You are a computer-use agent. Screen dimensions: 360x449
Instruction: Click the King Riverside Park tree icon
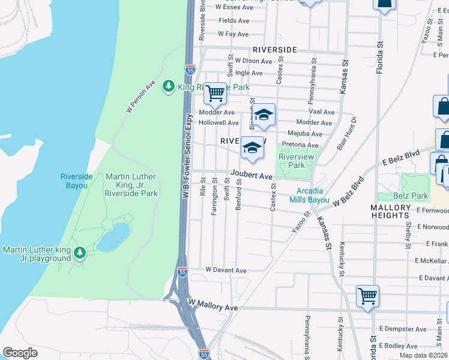pyautogui.click(x=169, y=87)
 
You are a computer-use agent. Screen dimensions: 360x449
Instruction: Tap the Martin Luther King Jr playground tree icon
pyautogui.click(x=79, y=254)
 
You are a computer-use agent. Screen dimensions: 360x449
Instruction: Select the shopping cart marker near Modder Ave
pyautogui.click(x=215, y=93)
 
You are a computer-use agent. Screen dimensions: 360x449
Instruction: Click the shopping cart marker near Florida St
pyautogui.click(x=367, y=295)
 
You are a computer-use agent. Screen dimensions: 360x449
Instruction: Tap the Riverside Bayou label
pyautogui.click(x=77, y=181)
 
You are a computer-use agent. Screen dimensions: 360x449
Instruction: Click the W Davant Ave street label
pyautogui.click(x=226, y=271)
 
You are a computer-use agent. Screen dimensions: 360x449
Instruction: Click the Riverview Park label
pyautogui.click(x=292, y=161)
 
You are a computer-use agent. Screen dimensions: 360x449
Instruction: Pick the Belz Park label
pyautogui.click(x=412, y=196)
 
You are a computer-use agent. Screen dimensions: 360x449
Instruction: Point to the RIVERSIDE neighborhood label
pyautogui.click(x=275, y=49)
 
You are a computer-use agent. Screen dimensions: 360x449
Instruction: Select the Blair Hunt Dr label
pyautogui.click(x=347, y=131)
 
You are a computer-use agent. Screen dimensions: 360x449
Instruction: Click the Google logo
pyautogui.click(x=20, y=352)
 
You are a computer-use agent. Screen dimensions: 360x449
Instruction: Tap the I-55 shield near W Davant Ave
pyautogui.click(x=182, y=272)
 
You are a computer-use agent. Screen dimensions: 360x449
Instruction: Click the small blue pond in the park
pyautogui.click(x=113, y=237)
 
